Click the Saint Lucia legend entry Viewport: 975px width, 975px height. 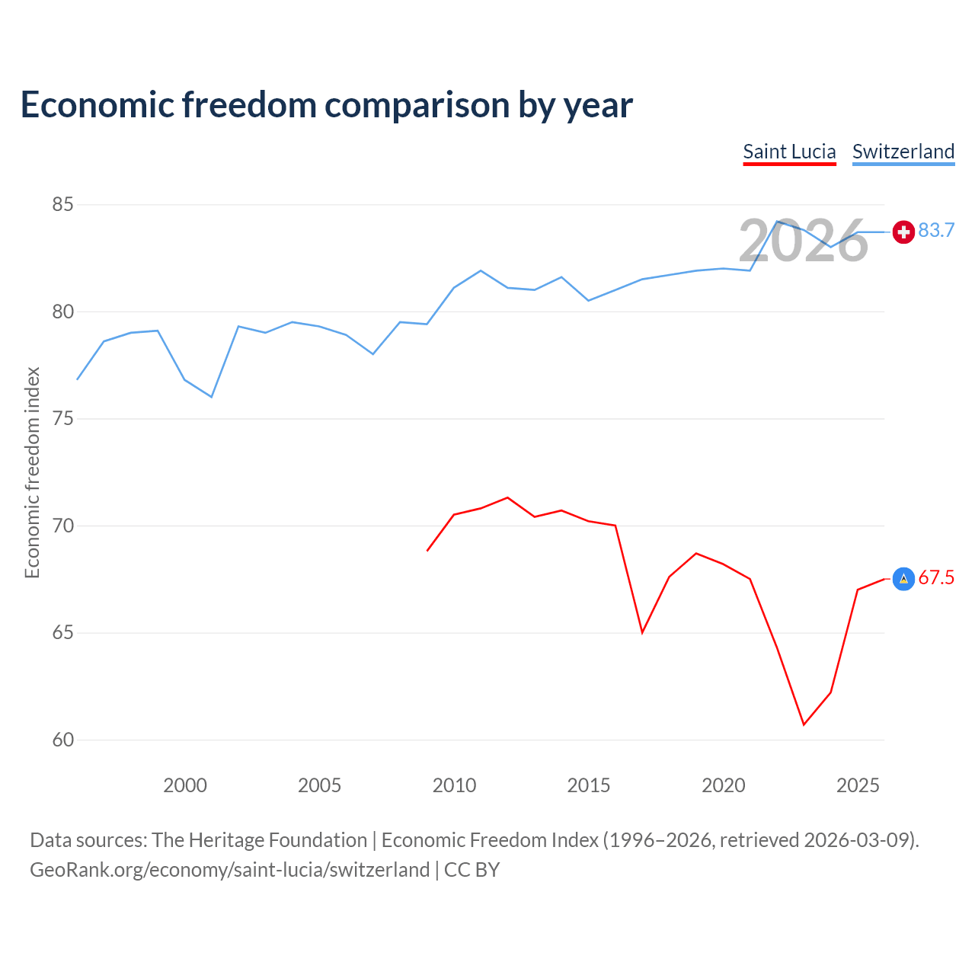click(x=789, y=152)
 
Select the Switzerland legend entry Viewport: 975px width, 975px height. click(x=903, y=152)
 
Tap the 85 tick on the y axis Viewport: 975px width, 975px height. click(x=62, y=204)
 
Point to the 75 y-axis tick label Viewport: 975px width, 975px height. click(x=62, y=419)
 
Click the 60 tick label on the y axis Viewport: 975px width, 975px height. click(x=62, y=740)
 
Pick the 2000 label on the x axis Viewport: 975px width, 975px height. click(x=185, y=785)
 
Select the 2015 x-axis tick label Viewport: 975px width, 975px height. click(x=589, y=785)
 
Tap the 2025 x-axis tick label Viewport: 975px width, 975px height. click(x=858, y=785)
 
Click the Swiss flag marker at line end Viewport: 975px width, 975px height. click(x=903, y=232)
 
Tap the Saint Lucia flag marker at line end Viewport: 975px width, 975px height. click(x=903, y=579)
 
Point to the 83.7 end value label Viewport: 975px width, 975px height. click(x=936, y=230)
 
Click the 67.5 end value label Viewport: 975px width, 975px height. click(x=936, y=577)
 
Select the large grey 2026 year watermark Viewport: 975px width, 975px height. click(x=804, y=241)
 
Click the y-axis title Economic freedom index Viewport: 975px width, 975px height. click(x=33, y=472)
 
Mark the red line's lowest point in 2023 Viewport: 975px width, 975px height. click(x=804, y=724)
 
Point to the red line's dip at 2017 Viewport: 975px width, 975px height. click(x=642, y=632)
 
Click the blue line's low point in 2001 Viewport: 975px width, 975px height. click(x=212, y=397)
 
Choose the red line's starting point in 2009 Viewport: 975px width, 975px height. click(x=427, y=551)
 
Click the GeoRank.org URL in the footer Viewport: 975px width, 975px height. click(x=229, y=870)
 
